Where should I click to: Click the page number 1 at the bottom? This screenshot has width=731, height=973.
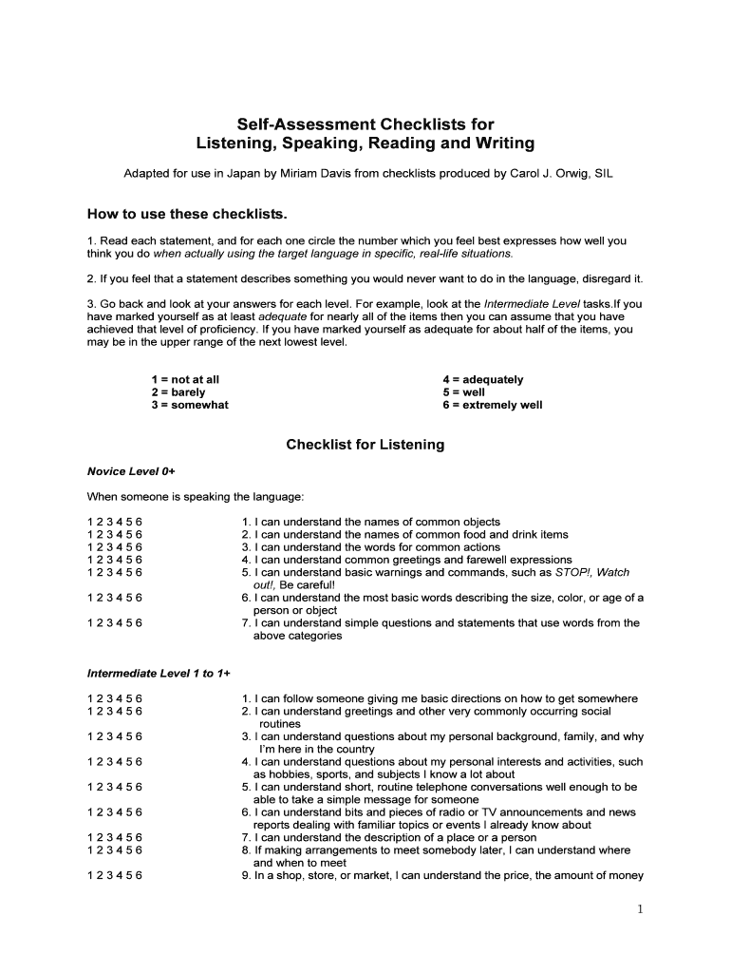click(641, 909)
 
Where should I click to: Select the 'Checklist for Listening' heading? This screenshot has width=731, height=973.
click(365, 445)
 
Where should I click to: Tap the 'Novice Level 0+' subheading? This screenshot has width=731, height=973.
click(131, 470)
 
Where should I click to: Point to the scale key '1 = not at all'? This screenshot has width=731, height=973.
click(185, 379)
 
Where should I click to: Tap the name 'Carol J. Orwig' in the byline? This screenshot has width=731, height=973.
click(547, 175)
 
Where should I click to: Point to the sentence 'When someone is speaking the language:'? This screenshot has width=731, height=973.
click(196, 497)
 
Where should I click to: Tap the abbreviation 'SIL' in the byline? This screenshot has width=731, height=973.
click(603, 175)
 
